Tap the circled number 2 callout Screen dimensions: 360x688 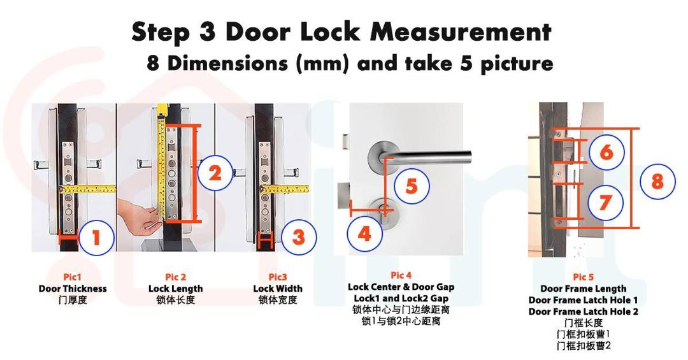(x=215, y=173)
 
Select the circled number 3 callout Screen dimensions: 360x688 (x=297, y=237)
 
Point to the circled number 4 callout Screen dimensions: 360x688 (x=364, y=234)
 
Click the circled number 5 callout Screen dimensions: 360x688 (x=412, y=186)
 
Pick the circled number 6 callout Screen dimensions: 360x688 (x=605, y=152)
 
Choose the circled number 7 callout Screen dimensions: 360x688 (x=605, y=202)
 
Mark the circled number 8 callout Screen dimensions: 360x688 (x=657, y=181)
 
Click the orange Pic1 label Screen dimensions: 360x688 (x=73, y=277)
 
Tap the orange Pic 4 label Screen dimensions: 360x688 (x=401, y=275)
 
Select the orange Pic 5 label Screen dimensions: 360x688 (x=583, y=277)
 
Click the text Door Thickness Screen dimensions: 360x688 (x=73, y=289)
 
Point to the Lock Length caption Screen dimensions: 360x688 (x=175, y=289)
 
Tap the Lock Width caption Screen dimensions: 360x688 (x=278, y=289)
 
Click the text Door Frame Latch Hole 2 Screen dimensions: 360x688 (x=583, y=312)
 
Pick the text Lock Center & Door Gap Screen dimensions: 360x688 (x=401, y=287)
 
